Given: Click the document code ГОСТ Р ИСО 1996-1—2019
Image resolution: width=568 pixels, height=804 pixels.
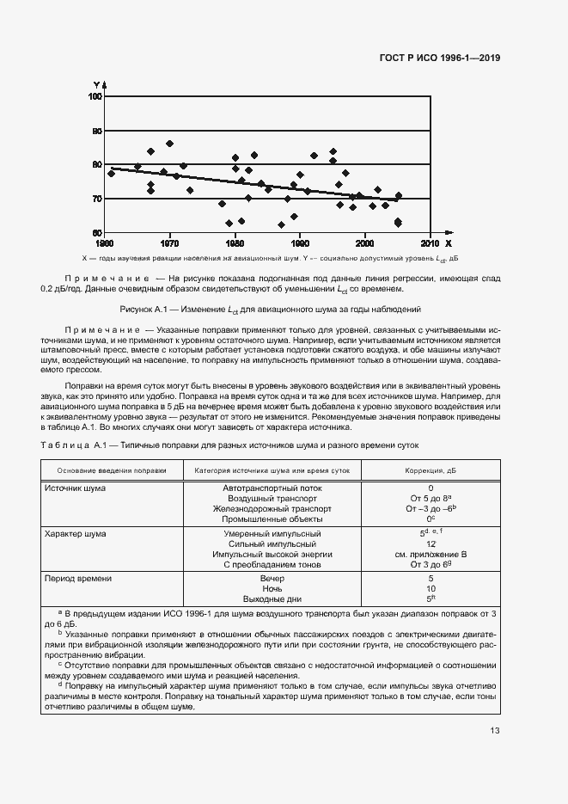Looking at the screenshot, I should [440, 58].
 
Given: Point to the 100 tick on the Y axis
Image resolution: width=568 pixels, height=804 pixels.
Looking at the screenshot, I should [96, 97].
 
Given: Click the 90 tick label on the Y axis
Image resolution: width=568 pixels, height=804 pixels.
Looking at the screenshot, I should [97, 131].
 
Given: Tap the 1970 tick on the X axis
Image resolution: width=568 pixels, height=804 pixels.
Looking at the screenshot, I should [169, 242].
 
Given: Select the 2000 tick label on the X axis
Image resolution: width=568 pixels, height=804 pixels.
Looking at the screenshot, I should [364, 242].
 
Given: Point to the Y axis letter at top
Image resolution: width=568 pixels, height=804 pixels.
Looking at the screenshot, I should [97, 84].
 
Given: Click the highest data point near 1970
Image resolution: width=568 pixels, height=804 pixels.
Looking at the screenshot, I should [169, 144].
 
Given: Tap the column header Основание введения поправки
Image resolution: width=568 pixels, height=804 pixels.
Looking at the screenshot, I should [112, 470].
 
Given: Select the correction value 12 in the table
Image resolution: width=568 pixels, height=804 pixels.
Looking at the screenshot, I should [431, 544].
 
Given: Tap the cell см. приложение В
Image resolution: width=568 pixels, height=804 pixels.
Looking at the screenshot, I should [431, 555].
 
